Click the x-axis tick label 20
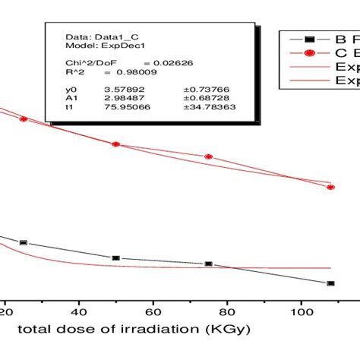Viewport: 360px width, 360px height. [5, 311]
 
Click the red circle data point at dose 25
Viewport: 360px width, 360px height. [24, 119]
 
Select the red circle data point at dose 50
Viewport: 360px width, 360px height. [115, 144]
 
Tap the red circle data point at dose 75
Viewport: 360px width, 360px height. [208, 156]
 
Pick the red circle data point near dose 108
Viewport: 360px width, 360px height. [330, 187]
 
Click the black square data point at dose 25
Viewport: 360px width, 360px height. [24, 242]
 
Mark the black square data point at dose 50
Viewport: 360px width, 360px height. [115, 258]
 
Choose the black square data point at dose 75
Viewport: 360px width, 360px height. [208, 264]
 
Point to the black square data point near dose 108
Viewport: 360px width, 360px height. [330, 283]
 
